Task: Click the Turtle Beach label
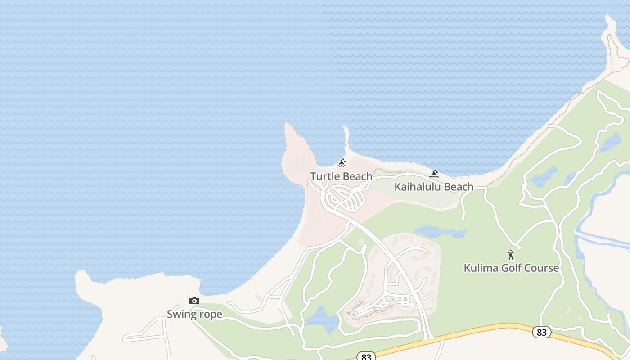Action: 341,176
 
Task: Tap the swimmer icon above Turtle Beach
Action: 342,163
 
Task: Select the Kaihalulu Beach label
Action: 434,187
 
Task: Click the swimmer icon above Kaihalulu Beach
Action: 434,174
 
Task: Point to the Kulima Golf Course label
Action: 511,268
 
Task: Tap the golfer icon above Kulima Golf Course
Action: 511,255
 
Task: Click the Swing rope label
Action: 194,314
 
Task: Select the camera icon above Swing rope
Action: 194,301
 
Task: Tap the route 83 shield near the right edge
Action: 541,332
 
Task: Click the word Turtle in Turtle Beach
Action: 324,176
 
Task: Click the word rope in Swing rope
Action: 210,314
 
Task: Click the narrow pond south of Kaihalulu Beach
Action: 439,232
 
